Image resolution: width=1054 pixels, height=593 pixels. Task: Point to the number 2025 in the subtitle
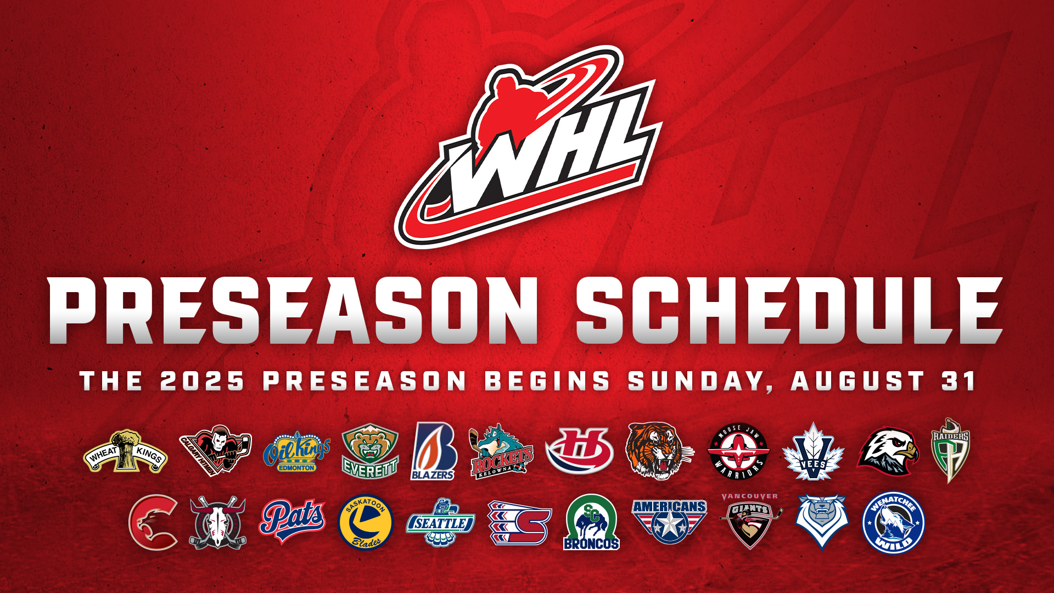(x=202, y=381)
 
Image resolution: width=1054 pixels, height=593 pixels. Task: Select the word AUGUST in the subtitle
(x=857, y=381)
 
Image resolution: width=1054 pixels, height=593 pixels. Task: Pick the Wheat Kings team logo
(x=126, y=452)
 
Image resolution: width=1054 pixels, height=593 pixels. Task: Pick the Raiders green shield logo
(x=951, y=450)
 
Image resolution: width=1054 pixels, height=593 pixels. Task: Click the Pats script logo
(x=292, y=521)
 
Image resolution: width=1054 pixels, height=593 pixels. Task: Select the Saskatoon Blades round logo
(x=366, y=522)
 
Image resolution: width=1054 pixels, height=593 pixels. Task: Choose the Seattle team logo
(x=440, y=522)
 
